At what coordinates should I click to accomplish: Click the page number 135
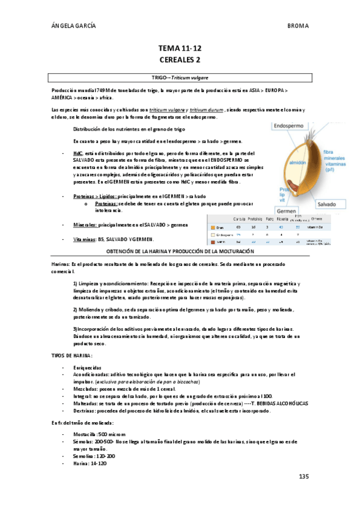[x=303, y=476]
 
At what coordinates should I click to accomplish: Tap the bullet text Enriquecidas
[x=88, y=367]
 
